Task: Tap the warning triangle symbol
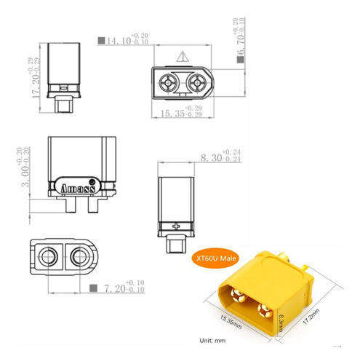click(180, 56)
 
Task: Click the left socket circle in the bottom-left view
click(50, 256)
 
